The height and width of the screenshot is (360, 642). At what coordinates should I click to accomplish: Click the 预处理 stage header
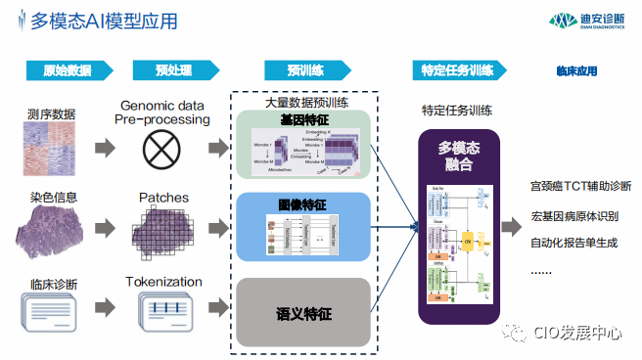point(174,71)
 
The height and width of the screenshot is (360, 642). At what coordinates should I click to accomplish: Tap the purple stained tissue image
point(51,232)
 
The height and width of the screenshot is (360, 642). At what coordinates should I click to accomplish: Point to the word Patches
point(164,197)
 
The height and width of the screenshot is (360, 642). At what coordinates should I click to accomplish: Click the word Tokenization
point(164,282)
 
